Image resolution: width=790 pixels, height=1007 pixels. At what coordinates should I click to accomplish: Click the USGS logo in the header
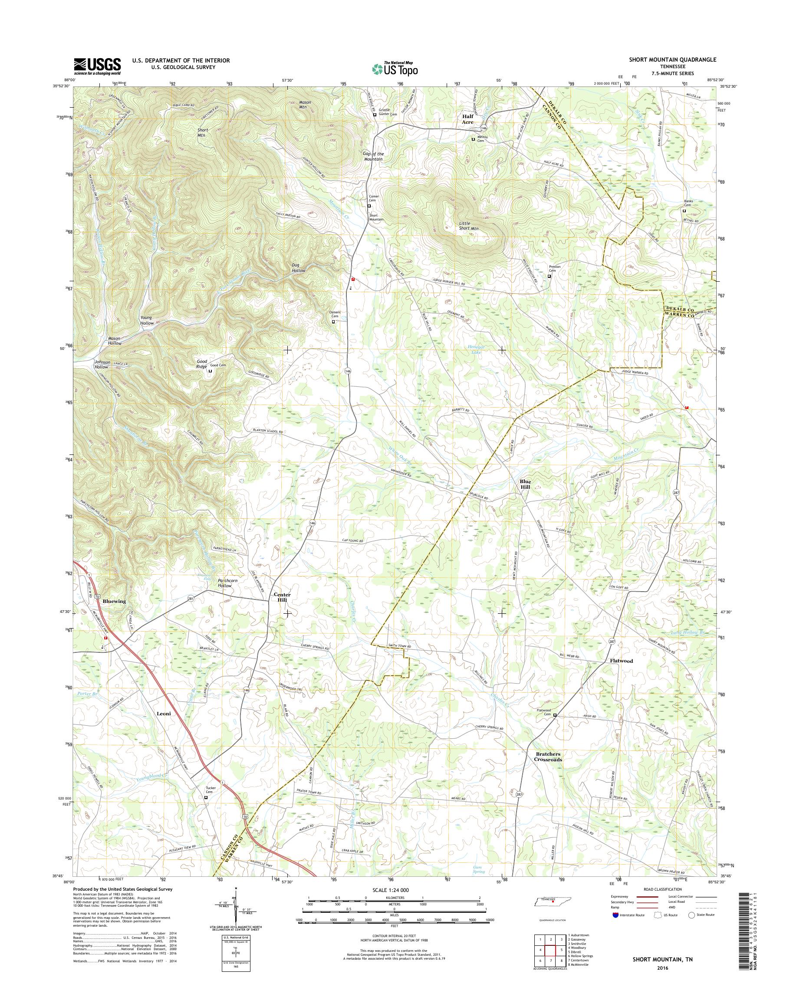[x=97, y=66]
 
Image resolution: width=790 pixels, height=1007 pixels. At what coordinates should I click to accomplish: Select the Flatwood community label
[x=621, y=661]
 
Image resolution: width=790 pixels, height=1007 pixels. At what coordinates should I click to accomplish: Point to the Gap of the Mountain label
[x=373, y=156]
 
